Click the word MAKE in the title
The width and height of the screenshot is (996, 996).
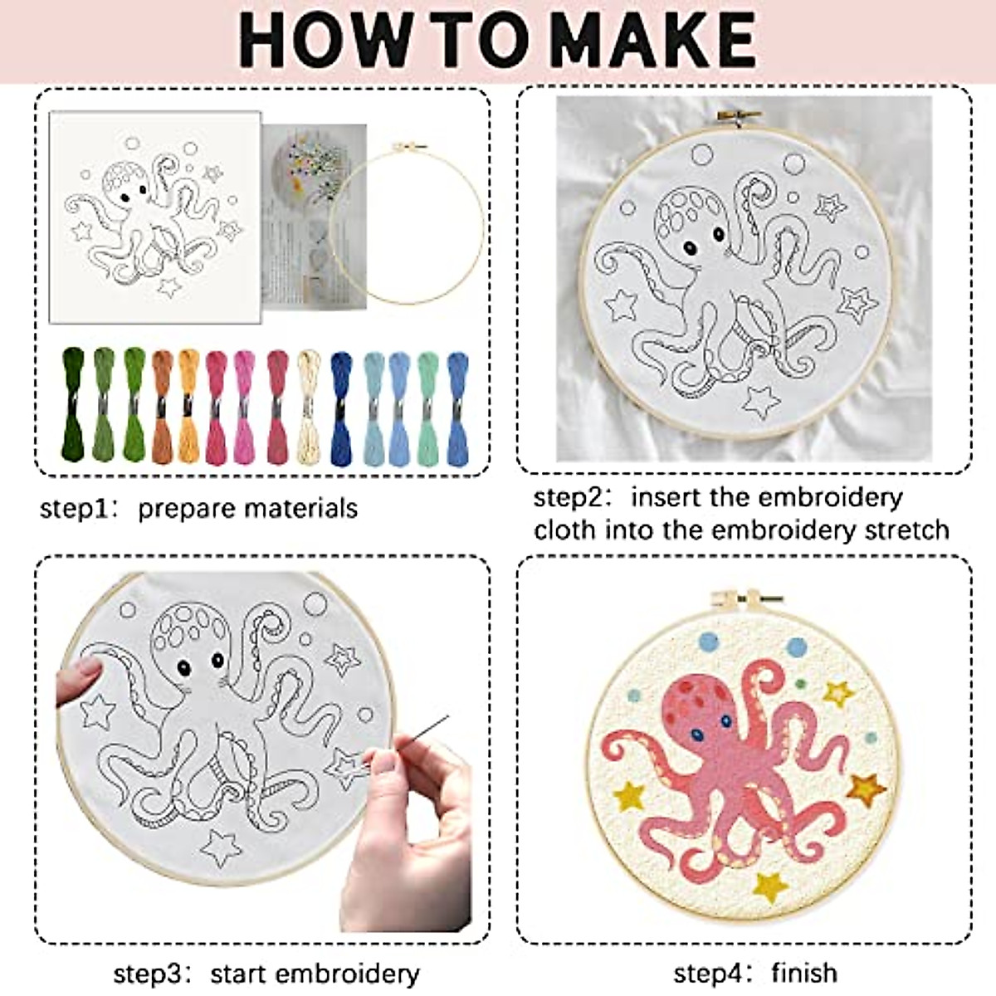point(652,39)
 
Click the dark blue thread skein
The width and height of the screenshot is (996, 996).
point(341,407)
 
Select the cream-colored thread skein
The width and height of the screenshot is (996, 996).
point(309,407)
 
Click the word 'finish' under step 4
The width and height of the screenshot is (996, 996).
point(803,972)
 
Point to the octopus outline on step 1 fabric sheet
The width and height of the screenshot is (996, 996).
point(149,220)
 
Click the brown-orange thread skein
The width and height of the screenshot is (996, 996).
point(163,407)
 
